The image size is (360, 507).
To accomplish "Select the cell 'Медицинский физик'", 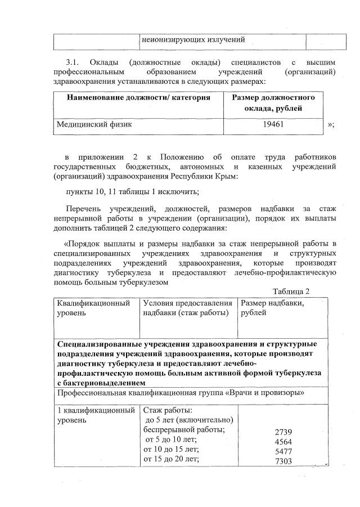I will [x=94, y=125].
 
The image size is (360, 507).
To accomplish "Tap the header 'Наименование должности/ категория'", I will [x=138, y=98].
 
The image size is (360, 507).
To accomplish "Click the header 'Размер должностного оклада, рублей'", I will [x=273, y=102].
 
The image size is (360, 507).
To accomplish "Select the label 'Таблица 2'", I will [x=291, y=291].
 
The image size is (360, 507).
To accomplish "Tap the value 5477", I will [x=283, y=451].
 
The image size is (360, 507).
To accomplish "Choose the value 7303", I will [x=283, y=461].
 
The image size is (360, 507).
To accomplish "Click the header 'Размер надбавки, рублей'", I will [x=272, y=308].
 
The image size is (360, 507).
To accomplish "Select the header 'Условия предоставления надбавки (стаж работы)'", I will [x=188, y=308].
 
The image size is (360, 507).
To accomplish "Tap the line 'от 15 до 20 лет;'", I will [x=172, y=459].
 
